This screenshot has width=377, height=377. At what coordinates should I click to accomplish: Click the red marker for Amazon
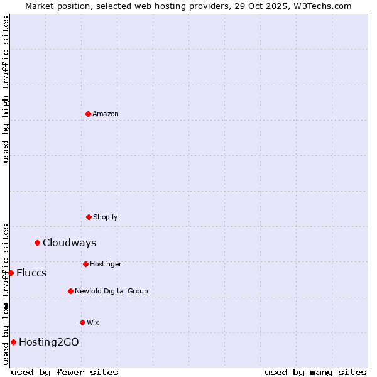pyautogui.click(x=88, y=114)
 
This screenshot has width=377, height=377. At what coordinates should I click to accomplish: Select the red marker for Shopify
pyautogui.click(x=89, y=217)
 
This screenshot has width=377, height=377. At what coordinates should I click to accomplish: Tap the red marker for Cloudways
pyautogui.click(x=37, y=243)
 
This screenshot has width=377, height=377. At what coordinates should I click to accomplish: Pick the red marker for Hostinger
pyautogui.click(x=85, y=264)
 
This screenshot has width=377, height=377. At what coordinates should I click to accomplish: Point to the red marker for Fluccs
pyautogui.click(x=11, y=273)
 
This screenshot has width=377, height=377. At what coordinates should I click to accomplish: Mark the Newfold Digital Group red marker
pyautogui.click(x=70, y=291)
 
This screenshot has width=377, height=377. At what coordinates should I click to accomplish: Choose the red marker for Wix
pyautogui.click(x=82, y=322)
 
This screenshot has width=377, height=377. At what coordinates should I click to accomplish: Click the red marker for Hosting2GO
pyautogui.click(x=13, y=342)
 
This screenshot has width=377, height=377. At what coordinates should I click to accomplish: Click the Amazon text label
pyautogui.click(x=106, y=114)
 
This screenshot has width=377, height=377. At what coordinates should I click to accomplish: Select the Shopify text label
pyautogui.click(x=105, y=217)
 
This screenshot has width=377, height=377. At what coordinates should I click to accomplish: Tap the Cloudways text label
pyautogui.click(x=69, y=243)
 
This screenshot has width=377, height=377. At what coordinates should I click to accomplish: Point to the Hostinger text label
pyautogui.click(x=106, y=264)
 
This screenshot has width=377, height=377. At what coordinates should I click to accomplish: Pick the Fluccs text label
pyautogui.click(x=31, y=273)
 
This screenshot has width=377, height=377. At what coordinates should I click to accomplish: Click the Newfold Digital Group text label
pyautogui.click(x=111, y=291)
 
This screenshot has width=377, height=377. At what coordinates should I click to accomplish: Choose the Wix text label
pyautogui.click(x=93, y=322)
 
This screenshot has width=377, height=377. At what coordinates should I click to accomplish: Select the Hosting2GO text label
pyautogui.click(x=49, y=342)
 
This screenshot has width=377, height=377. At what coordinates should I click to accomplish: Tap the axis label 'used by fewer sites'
pyautogui.click(x=65, y=372)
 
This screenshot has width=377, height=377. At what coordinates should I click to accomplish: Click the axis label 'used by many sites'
pyautogui.click(x=315, y=372)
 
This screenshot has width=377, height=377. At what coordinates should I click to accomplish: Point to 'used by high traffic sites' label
pyautogui.click(x=6, y=89)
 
